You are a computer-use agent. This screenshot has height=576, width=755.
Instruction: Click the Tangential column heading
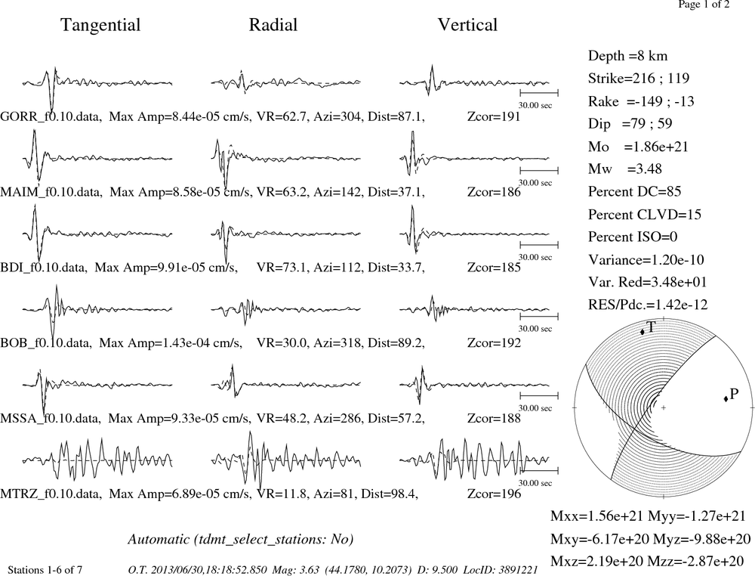pos(100,25)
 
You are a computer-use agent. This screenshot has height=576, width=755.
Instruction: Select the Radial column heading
pos(273,25)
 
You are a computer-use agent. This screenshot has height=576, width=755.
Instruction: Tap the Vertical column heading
pos(467,25)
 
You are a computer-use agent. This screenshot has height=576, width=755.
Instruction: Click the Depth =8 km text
pos(628,56)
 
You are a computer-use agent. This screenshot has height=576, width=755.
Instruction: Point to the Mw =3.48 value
pos(625,169)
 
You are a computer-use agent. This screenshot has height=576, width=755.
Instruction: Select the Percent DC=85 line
pos(635,192)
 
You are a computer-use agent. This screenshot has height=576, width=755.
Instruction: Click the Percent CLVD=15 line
pos(645,215)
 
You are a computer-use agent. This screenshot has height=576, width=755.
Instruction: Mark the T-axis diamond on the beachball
pos(643,332)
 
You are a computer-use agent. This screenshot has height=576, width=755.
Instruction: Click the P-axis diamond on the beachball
pos(725,398)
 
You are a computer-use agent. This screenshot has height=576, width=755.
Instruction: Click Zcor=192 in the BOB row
pos(494,342)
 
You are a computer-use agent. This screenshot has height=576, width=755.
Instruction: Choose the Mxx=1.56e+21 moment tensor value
pos(596,516)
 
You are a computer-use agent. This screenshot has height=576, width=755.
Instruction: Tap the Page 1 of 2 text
pos(704,5)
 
